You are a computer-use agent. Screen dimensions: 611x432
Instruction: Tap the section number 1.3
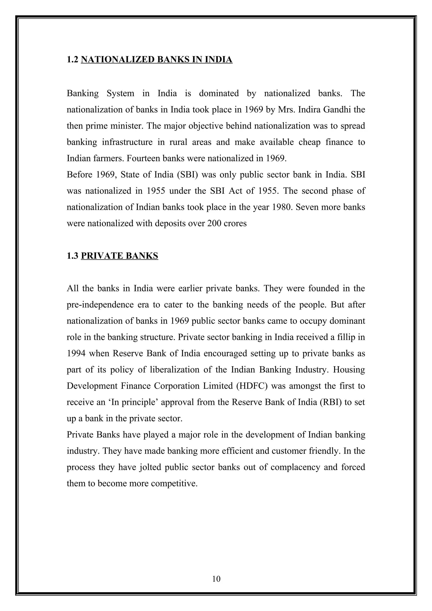(72, 256)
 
